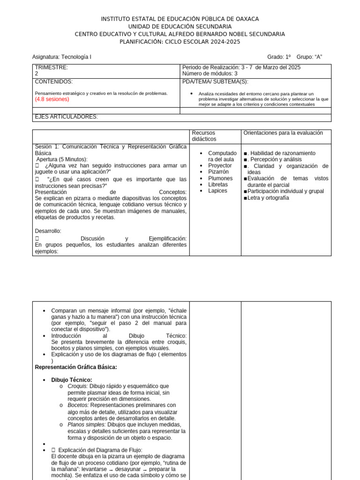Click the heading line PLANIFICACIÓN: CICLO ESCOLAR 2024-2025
click(x=180, y=42)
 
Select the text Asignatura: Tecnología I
click(x=62, y=57)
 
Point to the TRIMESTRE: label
click(x=52, y=67)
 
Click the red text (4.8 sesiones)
click(x=52, y=99)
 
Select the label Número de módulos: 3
click(x=210, y=74)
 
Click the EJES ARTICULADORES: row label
click(x=67, y=117)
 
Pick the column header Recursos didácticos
click(x=204, y=136)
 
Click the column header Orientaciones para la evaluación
click(x=283, y=133)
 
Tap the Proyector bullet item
click(x=220, y=166)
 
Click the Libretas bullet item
click(x=217, y=185)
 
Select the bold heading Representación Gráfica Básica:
click(x=76, y=367)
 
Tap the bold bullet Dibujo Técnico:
click(x=72, y=380)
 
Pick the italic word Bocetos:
click(x=78, y=405)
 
